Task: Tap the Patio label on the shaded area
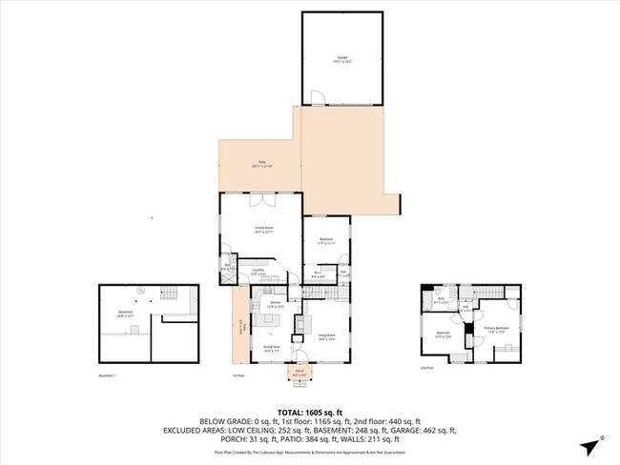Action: coord(260,164)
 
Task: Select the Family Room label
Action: coord(263,230)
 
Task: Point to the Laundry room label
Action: coord(258,272)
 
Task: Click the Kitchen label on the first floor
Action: coord(274,305)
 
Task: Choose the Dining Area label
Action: coord(271,348)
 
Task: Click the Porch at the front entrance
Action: coord(299,373)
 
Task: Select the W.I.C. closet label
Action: coord(318,273)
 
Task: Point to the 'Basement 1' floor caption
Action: coord(108,375)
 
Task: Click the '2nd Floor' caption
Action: coord(426,367)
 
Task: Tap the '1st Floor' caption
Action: coord(239,375)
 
